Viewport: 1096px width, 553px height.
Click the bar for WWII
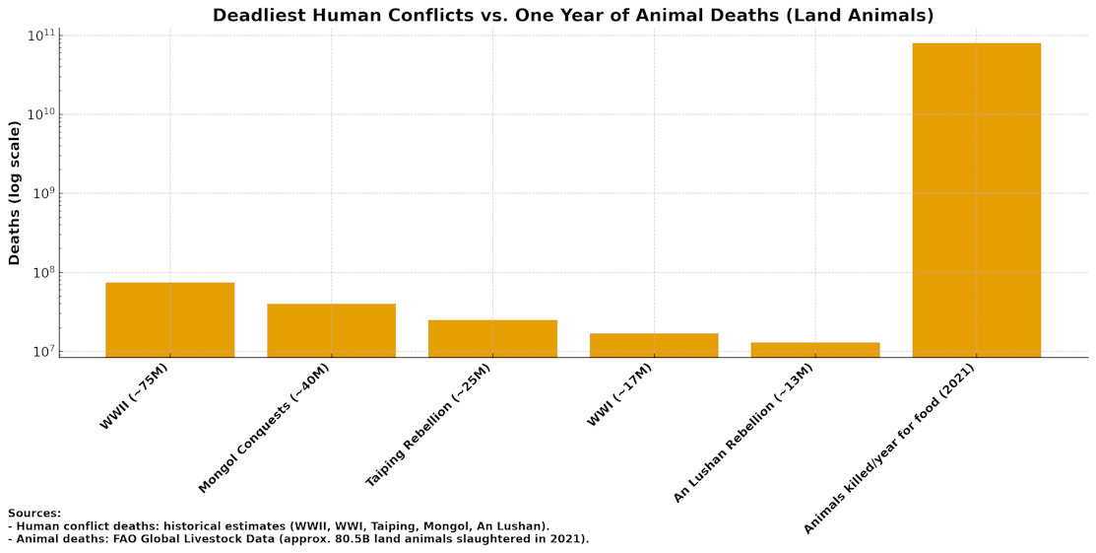click(x=169, y=319)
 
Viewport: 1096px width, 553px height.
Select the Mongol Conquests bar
click(x=331, y=330)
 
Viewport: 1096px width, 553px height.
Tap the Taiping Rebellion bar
click(x=492, y=338)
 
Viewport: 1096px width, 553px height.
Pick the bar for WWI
click(x=654, y=345)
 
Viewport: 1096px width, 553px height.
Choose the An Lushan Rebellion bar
click(x=815, y=349)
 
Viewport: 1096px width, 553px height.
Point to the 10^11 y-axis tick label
click(x=40, y=36)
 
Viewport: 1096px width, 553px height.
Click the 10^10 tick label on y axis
click(x=40, y=115)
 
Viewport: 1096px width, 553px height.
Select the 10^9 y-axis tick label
click(x=42, y=194)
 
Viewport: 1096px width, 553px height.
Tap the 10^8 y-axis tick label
click(x=42, y=273)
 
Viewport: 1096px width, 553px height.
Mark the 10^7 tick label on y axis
click(x=42, y=352)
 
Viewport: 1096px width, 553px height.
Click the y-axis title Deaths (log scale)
click(x=15, y=193)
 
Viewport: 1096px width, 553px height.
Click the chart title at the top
click(x=573, y=16)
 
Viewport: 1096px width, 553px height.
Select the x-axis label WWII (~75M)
click(x=135, y=396)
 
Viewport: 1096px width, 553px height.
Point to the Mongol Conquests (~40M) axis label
click(x=265, y=428)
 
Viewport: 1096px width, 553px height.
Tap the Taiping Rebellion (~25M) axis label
click(x=428, y=425)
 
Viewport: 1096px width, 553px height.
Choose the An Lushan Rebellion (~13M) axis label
click(x=743, y=433)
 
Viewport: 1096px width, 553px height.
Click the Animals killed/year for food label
click(x=888, y=449)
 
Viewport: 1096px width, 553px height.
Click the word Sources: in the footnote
click(x=34, y=514)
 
